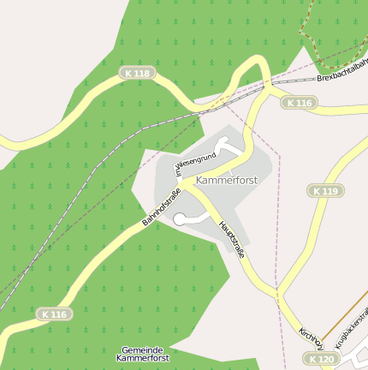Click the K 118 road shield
[x=135, y=74]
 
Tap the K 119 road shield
[x=325, y=190]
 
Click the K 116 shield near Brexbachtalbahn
[x=299, y=103]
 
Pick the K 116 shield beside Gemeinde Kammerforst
[x=54, y=314]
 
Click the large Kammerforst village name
[x=226, y=181]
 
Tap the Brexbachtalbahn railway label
[x=342, y=71]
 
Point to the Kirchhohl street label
[x=310, y=337]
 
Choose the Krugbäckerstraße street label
[x=350, y=330]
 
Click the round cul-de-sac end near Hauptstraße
[x=179, y=220]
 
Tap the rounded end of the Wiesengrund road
[x=223, y=144]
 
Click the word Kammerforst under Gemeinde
[x=143, y=359]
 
